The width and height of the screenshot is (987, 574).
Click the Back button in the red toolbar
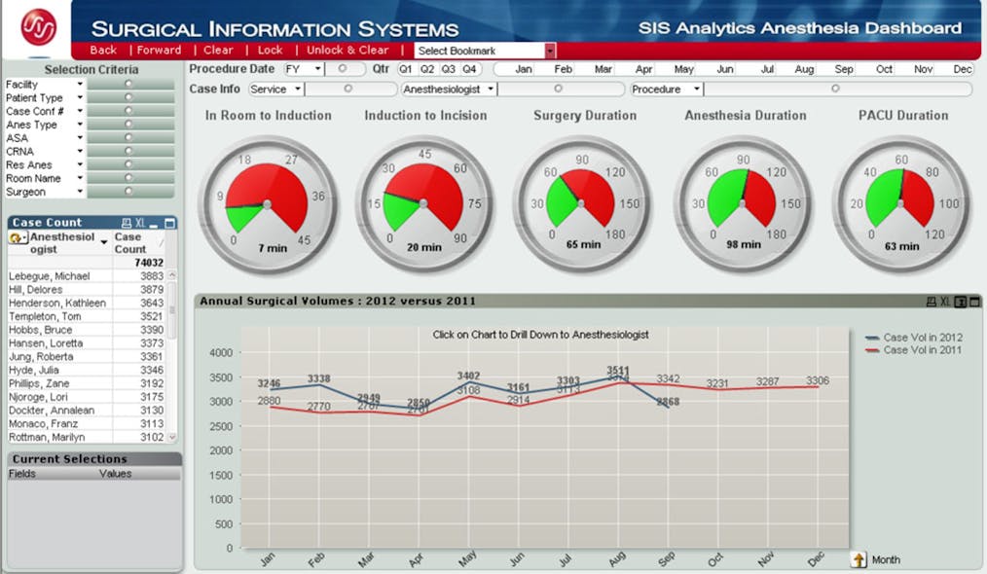pyautogui.click(x=103, y=51)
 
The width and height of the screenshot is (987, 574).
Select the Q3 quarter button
pyautogui.click(x=449, y=69)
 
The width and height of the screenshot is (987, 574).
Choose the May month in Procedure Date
pyautogui.click(x=683, y=69)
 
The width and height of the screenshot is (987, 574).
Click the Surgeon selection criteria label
pyautogui.click(x=25, y=192)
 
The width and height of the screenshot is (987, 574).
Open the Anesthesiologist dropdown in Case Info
pyautogui.click(x=449, y=89)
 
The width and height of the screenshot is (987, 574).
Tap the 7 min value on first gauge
pyautogui.click(x=273, y=248)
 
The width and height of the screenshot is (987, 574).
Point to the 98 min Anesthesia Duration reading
pyautogui.click(x=744, y=244)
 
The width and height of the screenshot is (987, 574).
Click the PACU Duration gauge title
pyautogui.click(x=903, y=115)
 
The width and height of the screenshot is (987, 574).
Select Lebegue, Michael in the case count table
pyautogui.click(x=52, y=276)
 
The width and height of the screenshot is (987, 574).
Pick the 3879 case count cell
pyautogui.click(x=151, y=290)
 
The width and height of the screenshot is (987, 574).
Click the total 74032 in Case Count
pyautogui.click(x=148, y=263)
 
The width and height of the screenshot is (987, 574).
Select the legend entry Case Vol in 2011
pyautogui.click(x=922, y=350)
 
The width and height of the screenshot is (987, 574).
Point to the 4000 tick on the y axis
pyautogui.click(x=221, y=352)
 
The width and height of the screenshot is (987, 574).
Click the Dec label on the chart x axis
pyautogui.click(x=816, y=558)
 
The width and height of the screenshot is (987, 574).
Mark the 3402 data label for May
pyautogui.click(x=468, y=376)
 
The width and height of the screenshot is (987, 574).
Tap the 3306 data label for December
pyautogui.click(x=818, y=380)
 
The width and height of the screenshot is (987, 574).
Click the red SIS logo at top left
pyautogui.click(x=39, y=26)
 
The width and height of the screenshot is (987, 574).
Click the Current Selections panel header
pyautogui.click(x=69, y=458)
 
